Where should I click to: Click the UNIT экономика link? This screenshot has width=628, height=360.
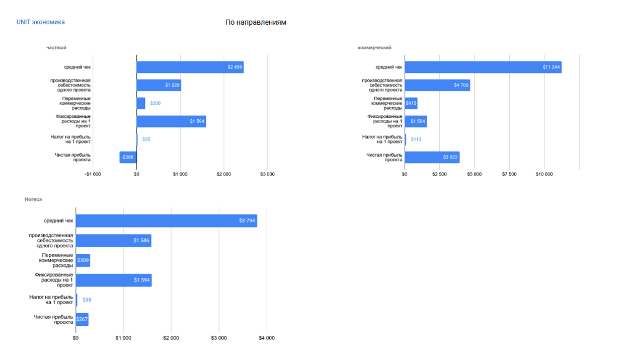[x=40, y=22]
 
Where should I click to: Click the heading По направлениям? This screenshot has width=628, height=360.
[x=256, y=23]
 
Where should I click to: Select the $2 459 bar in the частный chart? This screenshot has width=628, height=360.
[x=190, y=67]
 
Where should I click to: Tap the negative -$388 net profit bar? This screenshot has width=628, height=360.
[x=128, y=157]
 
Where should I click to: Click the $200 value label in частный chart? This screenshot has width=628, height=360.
[x=155, y=103]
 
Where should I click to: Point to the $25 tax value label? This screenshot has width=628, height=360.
[x=146, y=139]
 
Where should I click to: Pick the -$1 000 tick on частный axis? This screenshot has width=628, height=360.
[x=93, y=174]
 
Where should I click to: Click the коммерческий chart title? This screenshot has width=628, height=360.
[x=374, y=48]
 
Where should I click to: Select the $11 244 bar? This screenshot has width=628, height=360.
[x=483, y=67]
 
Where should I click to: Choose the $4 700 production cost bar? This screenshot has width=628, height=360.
[x=437, y=85]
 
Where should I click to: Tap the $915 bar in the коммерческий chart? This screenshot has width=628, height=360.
[x=411, y=103]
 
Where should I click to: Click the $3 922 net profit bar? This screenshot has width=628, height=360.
[x=432, y=157]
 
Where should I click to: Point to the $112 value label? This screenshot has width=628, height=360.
[x=416, y=139]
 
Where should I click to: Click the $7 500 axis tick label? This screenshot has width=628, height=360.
[x=509, y=174]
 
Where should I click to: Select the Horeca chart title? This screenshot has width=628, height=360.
[x=33, y=199]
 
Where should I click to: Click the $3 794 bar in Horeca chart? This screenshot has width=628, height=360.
[x=166, y=221]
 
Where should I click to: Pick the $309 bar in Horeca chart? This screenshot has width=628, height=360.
[x=83, y=260]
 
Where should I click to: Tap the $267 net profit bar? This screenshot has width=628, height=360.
[x=82, y=319]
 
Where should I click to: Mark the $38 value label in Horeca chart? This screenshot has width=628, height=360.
[x=87, y=300]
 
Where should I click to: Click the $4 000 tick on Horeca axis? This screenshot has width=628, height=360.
[x=267, y=338]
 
